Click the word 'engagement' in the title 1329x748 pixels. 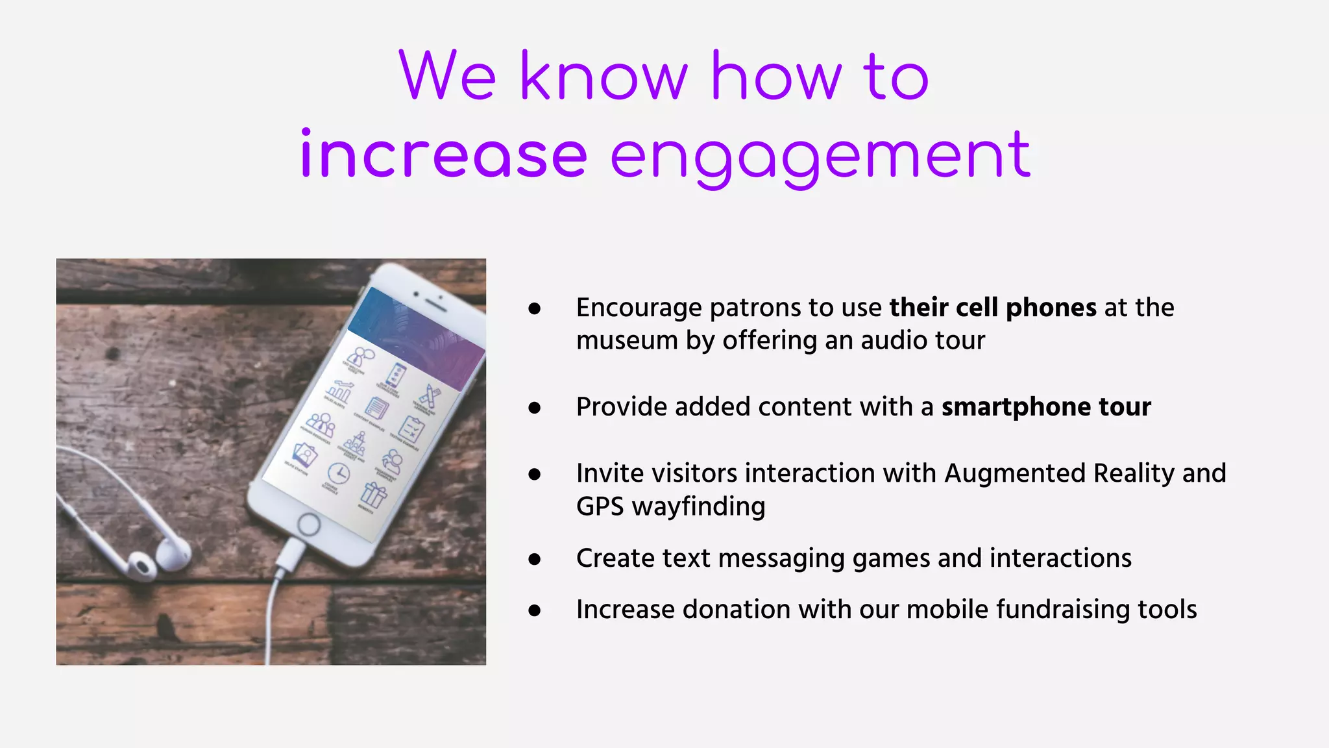(820, 156)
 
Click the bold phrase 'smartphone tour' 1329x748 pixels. (1046, 407)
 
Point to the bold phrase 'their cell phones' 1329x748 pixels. (993, 308)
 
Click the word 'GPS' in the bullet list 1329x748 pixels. (600, 506)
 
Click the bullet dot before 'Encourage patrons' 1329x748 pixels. (535, 308)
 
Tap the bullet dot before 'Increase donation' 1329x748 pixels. (535, 610)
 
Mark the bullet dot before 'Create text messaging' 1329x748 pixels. (535, 559)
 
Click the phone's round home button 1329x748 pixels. (308, 523)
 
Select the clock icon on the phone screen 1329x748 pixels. (338, 473)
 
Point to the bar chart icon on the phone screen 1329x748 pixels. (339, 391)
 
